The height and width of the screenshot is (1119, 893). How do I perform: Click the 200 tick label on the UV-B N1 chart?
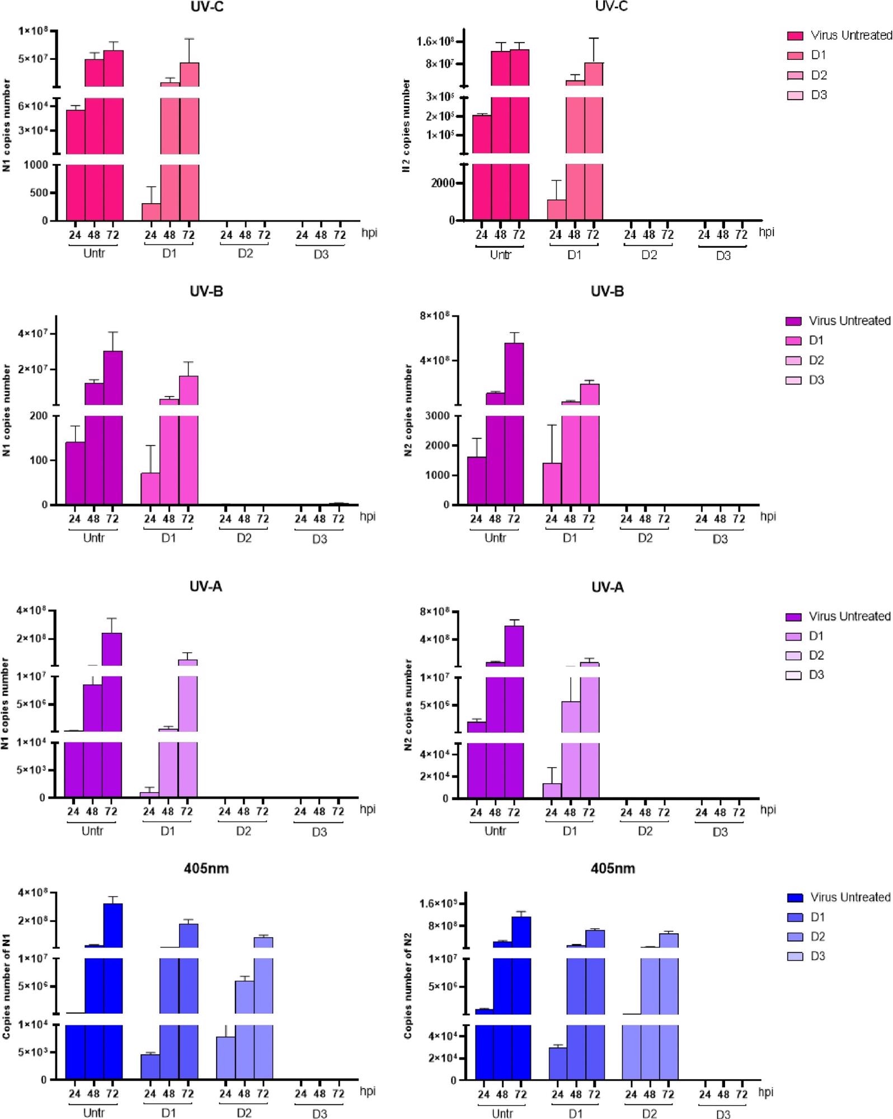[39, 416]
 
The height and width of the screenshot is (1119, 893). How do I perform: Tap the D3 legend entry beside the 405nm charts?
[817, 956]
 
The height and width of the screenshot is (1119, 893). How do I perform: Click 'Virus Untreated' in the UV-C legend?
[850, 35]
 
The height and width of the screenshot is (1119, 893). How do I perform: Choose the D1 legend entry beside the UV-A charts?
[816, 636]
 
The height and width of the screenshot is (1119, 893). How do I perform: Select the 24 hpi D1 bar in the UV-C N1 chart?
[151, 212]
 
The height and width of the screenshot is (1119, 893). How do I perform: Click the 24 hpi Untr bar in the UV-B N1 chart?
[75, 473]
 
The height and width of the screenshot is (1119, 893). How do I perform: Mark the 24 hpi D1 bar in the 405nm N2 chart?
[557, 1063]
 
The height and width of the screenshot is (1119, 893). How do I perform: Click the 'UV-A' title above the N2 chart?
[607, 587]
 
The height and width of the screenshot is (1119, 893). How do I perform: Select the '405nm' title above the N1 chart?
[206, 869]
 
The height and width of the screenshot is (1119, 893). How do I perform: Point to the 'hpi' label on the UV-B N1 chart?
[368, 516]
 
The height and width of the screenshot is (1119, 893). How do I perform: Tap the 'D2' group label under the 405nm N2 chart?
[649, 1113]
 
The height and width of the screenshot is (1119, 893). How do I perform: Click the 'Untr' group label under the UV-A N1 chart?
[92, 831]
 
